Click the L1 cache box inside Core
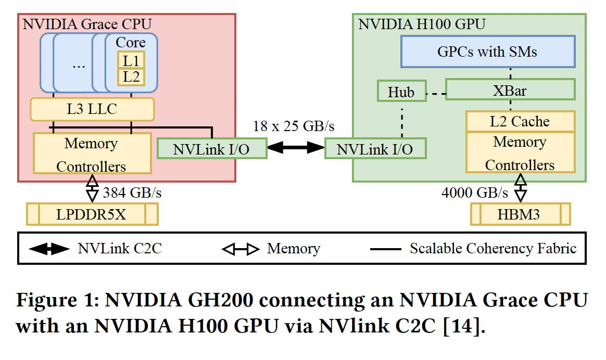[131, 60]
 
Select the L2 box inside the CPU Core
[131, 77]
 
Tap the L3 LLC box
[92, 109]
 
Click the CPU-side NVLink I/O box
[211, 149]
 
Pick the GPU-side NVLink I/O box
[375, 149]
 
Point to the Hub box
[401, 92]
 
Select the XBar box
[510, 90]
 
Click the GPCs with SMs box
[487, 52]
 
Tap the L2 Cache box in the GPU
[520, 121]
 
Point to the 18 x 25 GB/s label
[294, 126]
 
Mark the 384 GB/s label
[132, 193]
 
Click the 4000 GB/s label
[474, 193]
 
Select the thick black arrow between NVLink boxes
[295, 148]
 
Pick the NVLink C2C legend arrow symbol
[49, 249]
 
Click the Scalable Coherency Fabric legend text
[493, 248]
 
